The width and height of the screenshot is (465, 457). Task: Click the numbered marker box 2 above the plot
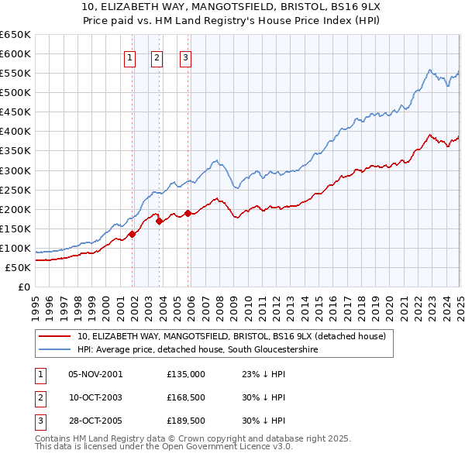click(x=157, y=57)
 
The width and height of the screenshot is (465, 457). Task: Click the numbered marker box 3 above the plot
click(x=186, y=57)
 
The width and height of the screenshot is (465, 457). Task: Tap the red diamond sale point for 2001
click(x=133, y=234)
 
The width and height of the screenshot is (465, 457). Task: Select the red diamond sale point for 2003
click(x=160, y=221)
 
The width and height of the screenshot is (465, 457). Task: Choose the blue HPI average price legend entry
click(x=198, y=350)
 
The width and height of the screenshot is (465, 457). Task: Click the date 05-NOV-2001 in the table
click(x=95, y=373)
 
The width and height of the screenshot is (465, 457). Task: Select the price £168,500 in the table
click(x=185, y=397)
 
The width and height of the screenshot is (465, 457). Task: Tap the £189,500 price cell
click(x=185, y=421)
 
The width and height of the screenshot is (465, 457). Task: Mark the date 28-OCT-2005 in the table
click(x=95, y=421)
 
